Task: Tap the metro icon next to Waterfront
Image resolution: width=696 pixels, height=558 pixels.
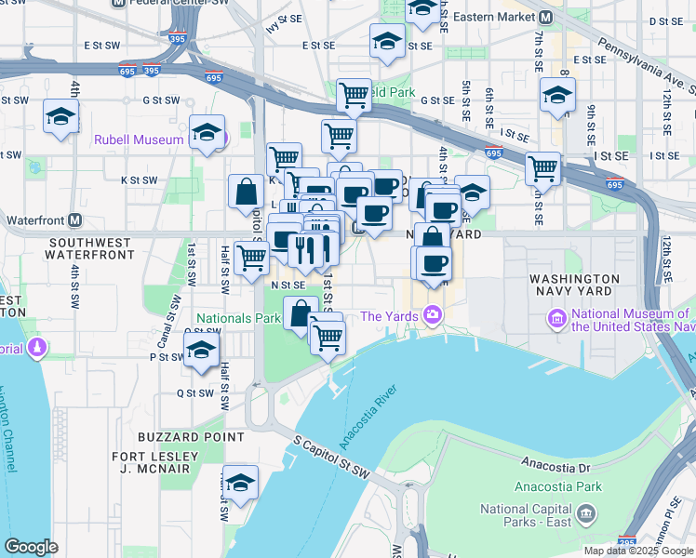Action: pos(74,221)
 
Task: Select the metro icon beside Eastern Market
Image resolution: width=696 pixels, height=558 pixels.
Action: pos(547,17)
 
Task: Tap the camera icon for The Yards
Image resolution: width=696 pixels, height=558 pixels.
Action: pos(433,315)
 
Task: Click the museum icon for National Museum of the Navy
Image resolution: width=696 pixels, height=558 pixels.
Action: pos(557,319)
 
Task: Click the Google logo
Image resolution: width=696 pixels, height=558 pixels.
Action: pos(31,547)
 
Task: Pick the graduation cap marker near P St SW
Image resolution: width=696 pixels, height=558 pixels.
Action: pos(200,352)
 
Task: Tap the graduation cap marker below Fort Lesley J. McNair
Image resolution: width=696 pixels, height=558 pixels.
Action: pos(240,482)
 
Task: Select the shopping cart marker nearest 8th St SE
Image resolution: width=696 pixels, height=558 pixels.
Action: pos(542,168)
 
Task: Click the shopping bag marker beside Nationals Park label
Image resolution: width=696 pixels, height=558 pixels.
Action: pos(300,314)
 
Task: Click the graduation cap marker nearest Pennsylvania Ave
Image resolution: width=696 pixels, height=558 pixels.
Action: pos(557,95)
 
